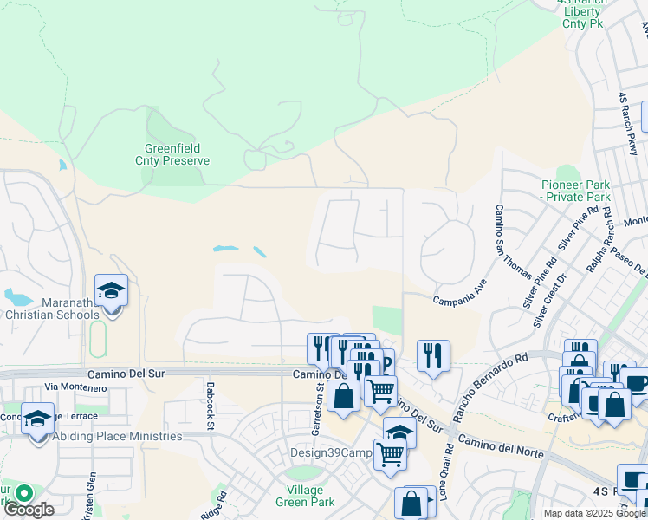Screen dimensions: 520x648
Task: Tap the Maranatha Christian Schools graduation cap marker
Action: (111, 290)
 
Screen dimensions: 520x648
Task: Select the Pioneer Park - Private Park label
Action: (576, 191)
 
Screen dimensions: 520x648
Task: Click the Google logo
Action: (29, 510)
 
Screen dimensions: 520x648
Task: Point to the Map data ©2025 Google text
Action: (593, 513)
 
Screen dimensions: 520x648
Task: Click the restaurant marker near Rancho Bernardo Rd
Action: (433, 355)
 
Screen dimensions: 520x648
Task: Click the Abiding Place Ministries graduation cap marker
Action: (37, 419)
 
